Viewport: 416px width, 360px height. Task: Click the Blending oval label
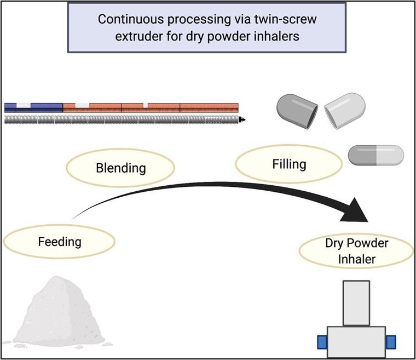point(121,167)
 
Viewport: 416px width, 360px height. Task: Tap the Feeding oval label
point(60,241)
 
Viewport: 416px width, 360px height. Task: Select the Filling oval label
point(289,163)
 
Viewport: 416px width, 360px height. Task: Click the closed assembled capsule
point(376,156)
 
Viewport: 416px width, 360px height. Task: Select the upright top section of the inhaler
point(356,302)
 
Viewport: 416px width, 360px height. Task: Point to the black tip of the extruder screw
point(242,119)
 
